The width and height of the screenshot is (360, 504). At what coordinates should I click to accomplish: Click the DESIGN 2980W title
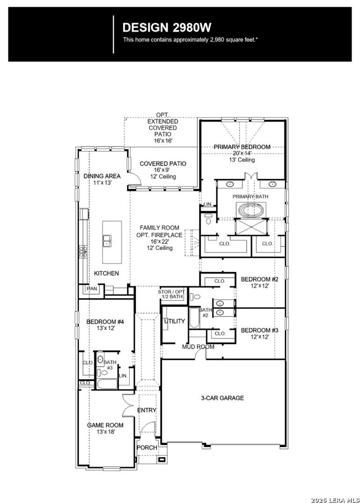tap(167, 28)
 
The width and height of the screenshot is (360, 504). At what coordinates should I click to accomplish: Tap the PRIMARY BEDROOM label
tap(242, 147)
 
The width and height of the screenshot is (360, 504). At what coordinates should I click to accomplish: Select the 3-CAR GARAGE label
tap(222, 398)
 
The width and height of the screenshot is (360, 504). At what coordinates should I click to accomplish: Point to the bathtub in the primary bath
tap(251, 210)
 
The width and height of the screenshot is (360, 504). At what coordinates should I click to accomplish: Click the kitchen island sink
tap(107, 240)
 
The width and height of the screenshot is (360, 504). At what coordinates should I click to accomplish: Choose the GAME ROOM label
tap(105, 425)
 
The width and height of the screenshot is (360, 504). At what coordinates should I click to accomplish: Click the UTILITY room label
tap(174, 321)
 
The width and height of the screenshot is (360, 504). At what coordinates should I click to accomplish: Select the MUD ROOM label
tap(198, 347)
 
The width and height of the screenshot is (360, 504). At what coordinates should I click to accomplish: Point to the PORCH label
tap(147, 448)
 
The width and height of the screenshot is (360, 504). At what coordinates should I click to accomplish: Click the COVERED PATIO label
tap(163, 164)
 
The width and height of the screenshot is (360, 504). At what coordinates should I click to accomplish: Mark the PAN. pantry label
tap(92, 289)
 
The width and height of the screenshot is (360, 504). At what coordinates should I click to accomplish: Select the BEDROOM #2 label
tap(260, 279)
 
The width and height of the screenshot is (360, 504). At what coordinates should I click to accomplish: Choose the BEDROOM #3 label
tap(260, 330)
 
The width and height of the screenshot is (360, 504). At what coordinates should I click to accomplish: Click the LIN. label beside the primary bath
tap(207, 204)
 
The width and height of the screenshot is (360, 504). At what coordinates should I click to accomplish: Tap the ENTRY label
tap(147, 411)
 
